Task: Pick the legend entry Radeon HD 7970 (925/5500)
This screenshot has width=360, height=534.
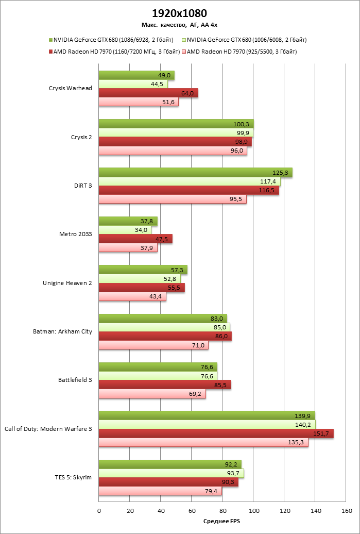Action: (242, 52)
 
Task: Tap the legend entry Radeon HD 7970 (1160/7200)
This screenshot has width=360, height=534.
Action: (114, 52)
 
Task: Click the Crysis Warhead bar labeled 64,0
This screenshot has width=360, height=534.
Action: (148, 93)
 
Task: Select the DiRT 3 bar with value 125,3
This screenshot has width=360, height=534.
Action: (195, 173)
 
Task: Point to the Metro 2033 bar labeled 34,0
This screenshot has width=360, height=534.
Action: (125, 230)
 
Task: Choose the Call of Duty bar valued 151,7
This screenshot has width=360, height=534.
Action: (216, 433)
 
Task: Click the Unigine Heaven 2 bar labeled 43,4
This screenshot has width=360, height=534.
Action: (132, 297)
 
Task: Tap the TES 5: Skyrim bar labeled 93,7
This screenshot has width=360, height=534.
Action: (171, 473)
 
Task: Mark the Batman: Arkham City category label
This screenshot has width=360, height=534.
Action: (62, 331)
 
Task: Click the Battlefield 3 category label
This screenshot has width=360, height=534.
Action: (75, 380)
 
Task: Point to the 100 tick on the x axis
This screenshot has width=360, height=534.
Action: (253, 510)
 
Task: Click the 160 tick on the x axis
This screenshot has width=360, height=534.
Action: (346, 510)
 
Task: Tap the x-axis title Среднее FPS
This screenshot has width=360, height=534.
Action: (222, 521)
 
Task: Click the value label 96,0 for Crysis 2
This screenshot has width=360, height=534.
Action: (236, 152)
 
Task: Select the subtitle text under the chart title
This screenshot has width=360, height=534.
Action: (180, 24)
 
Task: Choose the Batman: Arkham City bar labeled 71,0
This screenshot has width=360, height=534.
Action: (153, 345)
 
